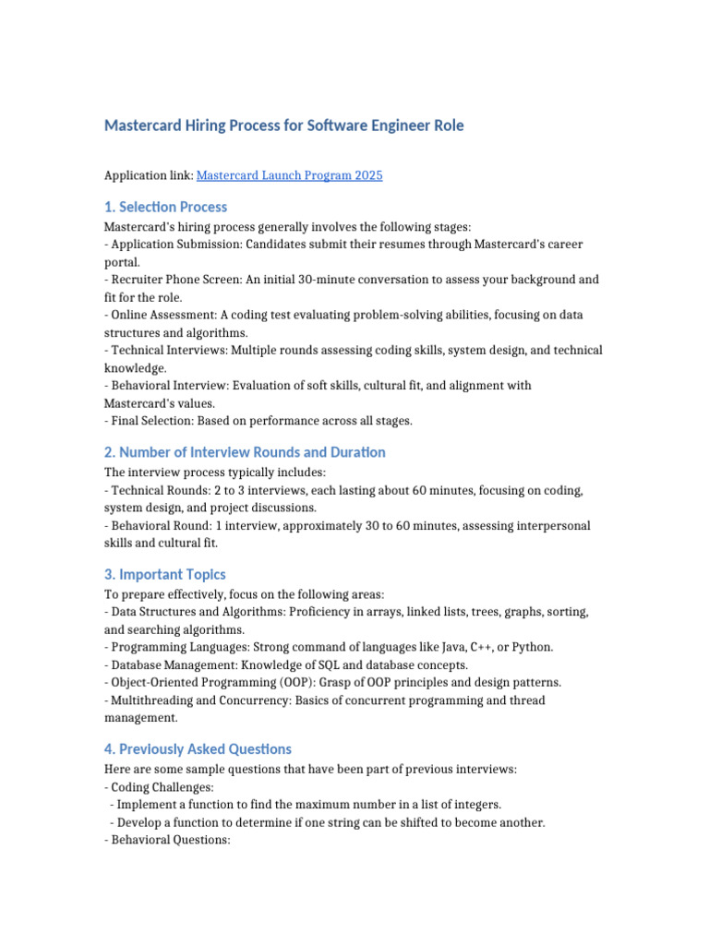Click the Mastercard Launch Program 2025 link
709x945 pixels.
(290, 175)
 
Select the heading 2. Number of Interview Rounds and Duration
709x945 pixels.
(245, 452)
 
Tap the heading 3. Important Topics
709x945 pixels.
(164, 574)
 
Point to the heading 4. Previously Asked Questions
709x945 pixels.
(198, 748)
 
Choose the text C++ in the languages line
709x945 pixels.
(479, 647)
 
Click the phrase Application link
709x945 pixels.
(148, 175)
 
